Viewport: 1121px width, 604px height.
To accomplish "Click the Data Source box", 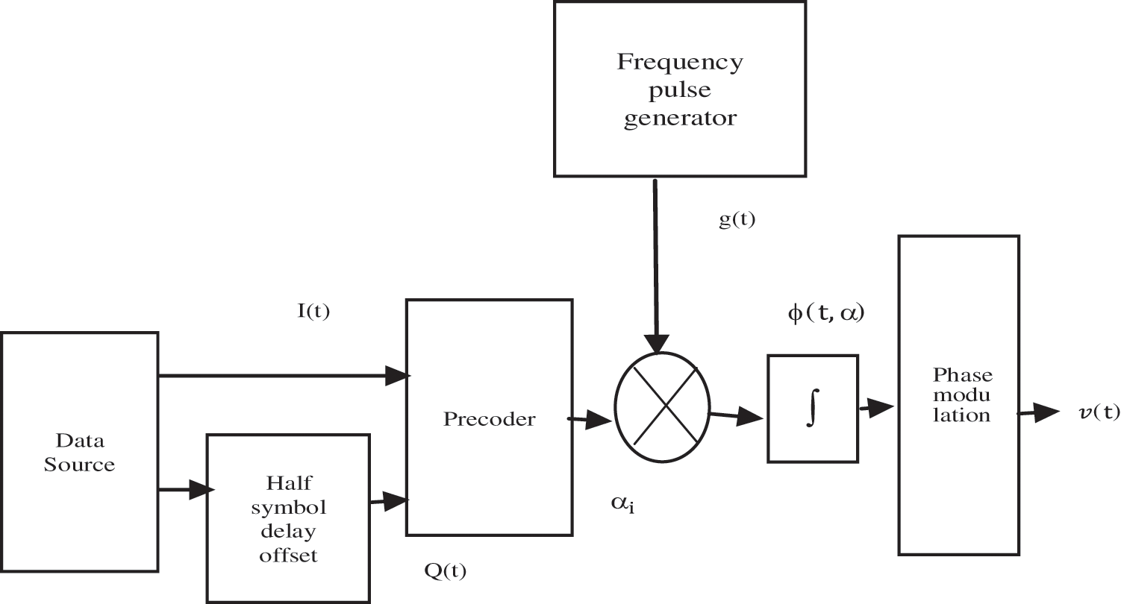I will click(x=79, y=453).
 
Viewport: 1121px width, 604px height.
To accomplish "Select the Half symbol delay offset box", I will click(x=287, y=518).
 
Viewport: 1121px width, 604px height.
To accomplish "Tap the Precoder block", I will click(x=489, y=418).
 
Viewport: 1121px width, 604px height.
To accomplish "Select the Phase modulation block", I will click(x=958, y=395).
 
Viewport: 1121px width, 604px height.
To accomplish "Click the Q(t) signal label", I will click(x=445, y=570).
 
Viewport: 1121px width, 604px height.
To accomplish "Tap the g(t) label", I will click(x=737, y=221).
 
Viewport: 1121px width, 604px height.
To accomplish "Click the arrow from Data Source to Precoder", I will click(x=284, y=376).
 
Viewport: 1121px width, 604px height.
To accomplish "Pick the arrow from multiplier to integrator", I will click(x=737, y=416).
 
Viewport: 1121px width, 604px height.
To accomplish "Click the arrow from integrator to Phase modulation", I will click(x=877, y=408).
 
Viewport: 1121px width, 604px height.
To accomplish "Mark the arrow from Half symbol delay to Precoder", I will click(x=388, y=501).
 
